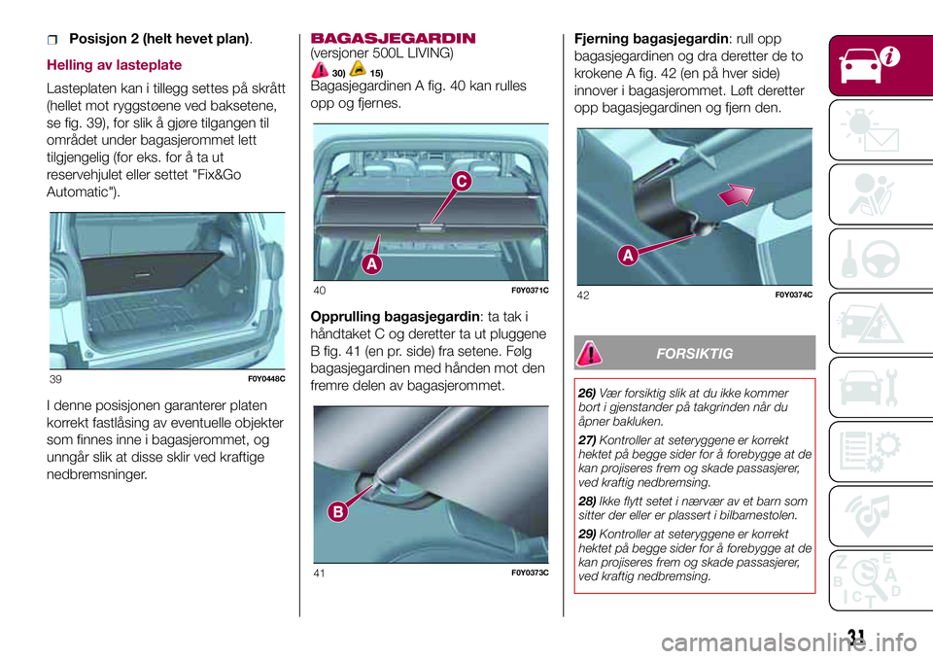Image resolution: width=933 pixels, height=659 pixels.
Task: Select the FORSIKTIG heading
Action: coord(696,351)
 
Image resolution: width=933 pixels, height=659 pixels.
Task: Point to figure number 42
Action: coord(581,295)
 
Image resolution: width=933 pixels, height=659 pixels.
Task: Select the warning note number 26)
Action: coord(587,393)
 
